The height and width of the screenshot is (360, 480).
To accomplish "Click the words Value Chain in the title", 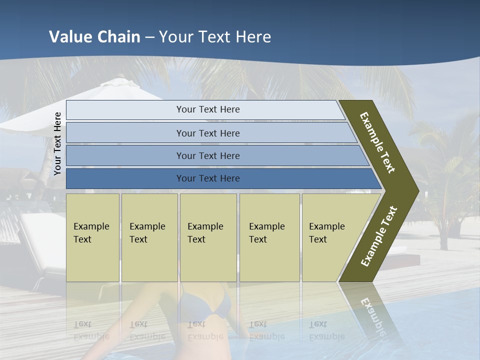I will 94,37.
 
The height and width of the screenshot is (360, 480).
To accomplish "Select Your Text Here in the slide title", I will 215,37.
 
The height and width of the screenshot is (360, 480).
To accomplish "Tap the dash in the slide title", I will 149,37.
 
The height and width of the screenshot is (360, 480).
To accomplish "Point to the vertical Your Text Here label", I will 57,143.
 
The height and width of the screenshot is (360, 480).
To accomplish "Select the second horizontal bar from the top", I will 208,133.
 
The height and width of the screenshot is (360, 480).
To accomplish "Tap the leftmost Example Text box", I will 92,237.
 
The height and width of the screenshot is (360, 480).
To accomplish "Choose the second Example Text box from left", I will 149,237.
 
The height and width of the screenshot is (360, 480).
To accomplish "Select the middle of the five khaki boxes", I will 208,237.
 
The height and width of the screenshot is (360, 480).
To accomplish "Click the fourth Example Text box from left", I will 269,237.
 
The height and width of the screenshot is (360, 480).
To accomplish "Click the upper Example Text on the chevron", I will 377,142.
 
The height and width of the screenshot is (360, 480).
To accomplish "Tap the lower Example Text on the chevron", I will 378,236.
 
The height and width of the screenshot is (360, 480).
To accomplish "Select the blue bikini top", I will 205,305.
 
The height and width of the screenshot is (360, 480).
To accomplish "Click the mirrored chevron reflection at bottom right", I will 372,315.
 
